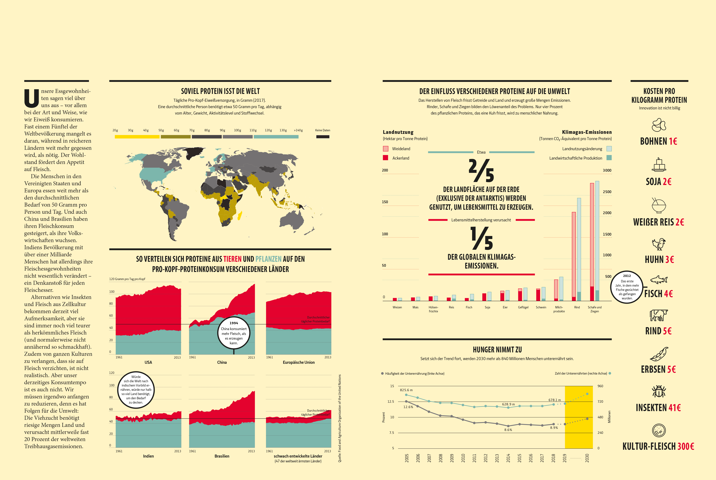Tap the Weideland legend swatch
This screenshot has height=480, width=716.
[x=386, y=149]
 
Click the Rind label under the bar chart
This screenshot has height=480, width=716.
[x=577, y=307]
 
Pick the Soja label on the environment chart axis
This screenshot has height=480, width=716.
[x=487, y=307]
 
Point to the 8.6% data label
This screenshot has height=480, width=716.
[x=508, y=430]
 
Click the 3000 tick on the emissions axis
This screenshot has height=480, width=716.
[x=607, y=171]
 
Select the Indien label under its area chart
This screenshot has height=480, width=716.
[x=148, y=456]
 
